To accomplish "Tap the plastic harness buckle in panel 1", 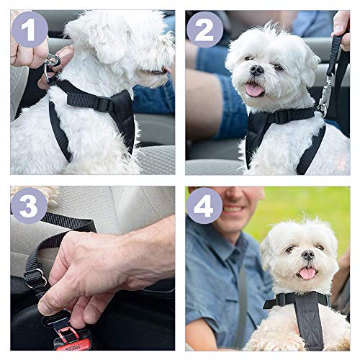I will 103,103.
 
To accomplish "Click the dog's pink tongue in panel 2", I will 254,89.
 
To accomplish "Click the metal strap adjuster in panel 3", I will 35,276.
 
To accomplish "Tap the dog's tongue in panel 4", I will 307,273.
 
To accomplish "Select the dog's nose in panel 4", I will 307,256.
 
